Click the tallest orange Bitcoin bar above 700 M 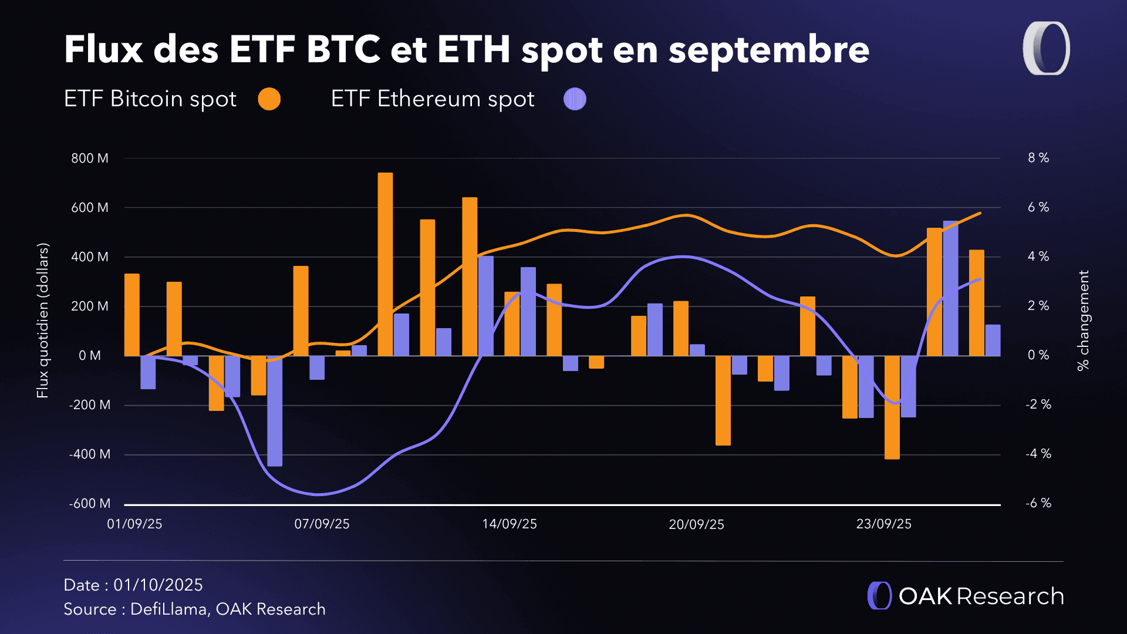(x=385, y=264)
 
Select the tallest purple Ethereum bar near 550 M (x=950, y=288)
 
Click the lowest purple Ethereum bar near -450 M (x=275, y=411)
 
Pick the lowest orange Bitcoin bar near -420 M (x=892, y=407)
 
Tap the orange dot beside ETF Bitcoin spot (x=269, y=99)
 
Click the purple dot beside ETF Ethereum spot (x=575, y=99)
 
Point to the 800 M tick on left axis (x=90, y=158)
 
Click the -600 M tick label (x=90, y=504)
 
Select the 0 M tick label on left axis (x=90, y=356)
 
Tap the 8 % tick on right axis (x=1038, y=158)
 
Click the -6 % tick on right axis (x=1038, y=503)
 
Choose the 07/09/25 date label (x=322, y=524)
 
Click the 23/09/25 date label (x=883, y=524)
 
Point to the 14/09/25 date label (x=509, y=524)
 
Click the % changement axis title (x=1083, y=320)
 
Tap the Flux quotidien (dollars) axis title (x=42, y=321)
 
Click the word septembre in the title (x=768, y=50)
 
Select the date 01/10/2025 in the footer (x=158, y=585)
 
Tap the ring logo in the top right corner (x=1046, y=49)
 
